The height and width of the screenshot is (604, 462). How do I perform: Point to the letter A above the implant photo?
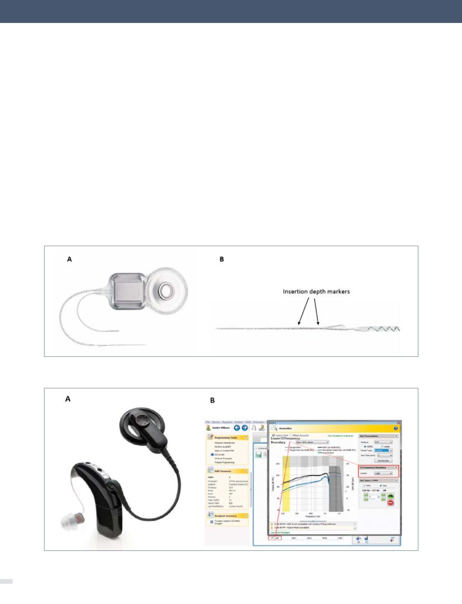70,259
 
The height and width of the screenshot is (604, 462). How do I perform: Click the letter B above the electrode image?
222,259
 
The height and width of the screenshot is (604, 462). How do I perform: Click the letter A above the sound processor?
67,399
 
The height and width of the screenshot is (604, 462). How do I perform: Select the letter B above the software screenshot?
212,400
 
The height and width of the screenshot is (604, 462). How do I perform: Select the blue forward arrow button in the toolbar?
245,428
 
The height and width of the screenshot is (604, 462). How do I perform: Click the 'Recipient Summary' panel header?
226,516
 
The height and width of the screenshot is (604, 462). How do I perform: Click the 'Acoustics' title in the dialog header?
286,428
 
